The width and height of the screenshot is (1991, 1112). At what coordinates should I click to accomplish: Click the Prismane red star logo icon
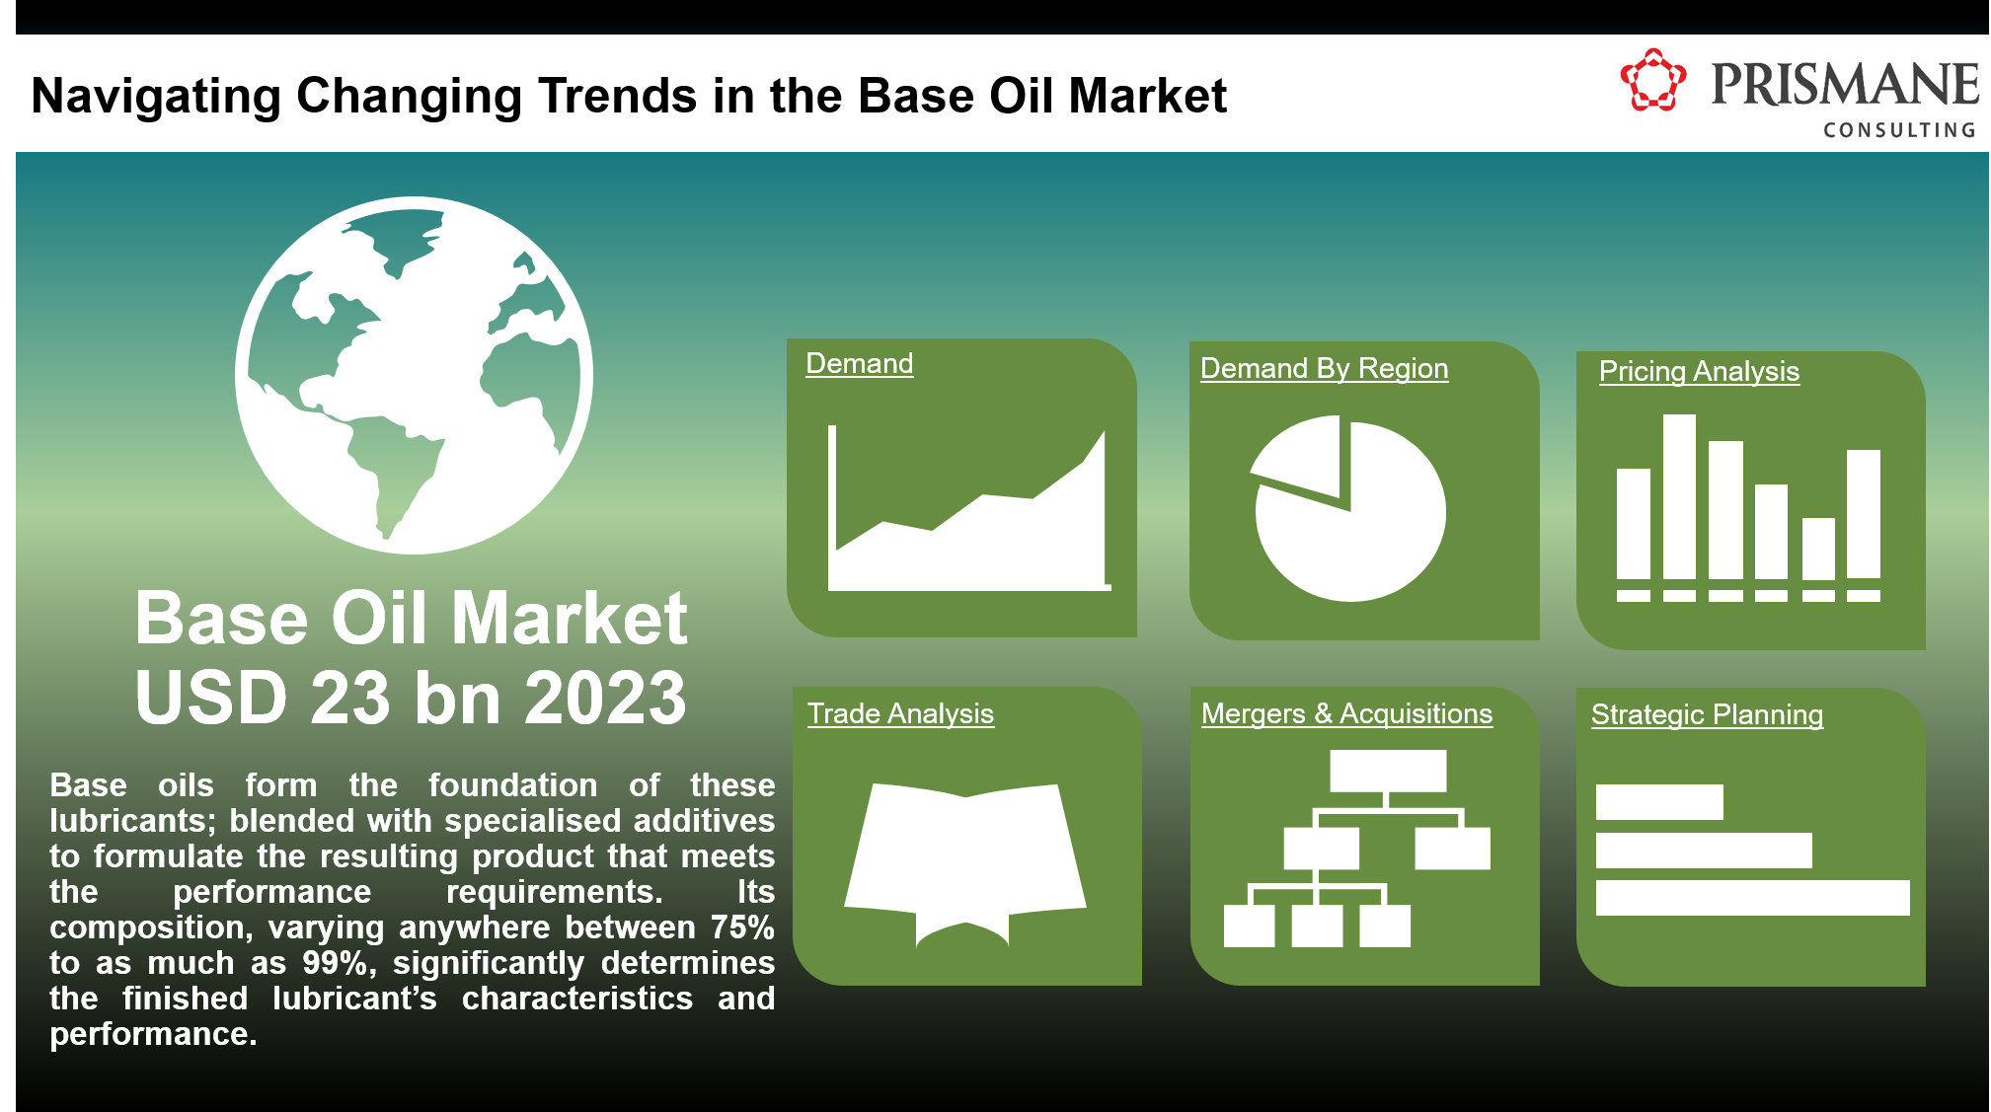tap(1652, 80)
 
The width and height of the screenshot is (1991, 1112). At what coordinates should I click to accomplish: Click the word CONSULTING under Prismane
tap(1898, 130)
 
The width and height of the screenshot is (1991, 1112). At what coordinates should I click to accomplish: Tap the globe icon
tap(414, 375)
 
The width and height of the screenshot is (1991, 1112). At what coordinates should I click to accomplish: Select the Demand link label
tap(859, 363)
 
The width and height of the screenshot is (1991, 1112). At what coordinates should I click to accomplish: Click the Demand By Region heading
tap(1324, 368)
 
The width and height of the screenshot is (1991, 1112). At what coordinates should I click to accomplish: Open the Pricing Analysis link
tap(1698, 371)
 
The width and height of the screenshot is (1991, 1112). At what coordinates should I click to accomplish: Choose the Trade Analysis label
tap(900, 713)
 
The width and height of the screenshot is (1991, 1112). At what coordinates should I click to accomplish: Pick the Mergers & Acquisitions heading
tap(1346, 713)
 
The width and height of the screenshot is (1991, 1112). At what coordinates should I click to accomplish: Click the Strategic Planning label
tap(1707, 714)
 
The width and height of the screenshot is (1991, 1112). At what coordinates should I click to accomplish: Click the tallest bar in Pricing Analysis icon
tap(1679, 496)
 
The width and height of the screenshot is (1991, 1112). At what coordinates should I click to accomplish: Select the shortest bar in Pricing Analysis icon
tap(1818, 549)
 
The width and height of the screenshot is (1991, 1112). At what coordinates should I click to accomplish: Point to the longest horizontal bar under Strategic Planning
tap(1752, 898)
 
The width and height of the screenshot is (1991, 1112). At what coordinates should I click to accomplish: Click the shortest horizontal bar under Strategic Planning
tap(1658, 802)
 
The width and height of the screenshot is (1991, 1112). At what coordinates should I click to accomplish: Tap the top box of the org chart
tap(1387, 771)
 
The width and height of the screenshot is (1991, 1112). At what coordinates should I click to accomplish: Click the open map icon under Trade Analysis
tap(964, 858)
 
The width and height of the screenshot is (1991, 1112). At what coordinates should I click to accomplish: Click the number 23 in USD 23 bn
tap(349, 698)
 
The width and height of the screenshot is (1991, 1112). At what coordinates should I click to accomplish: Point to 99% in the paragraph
tap(335, 963)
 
